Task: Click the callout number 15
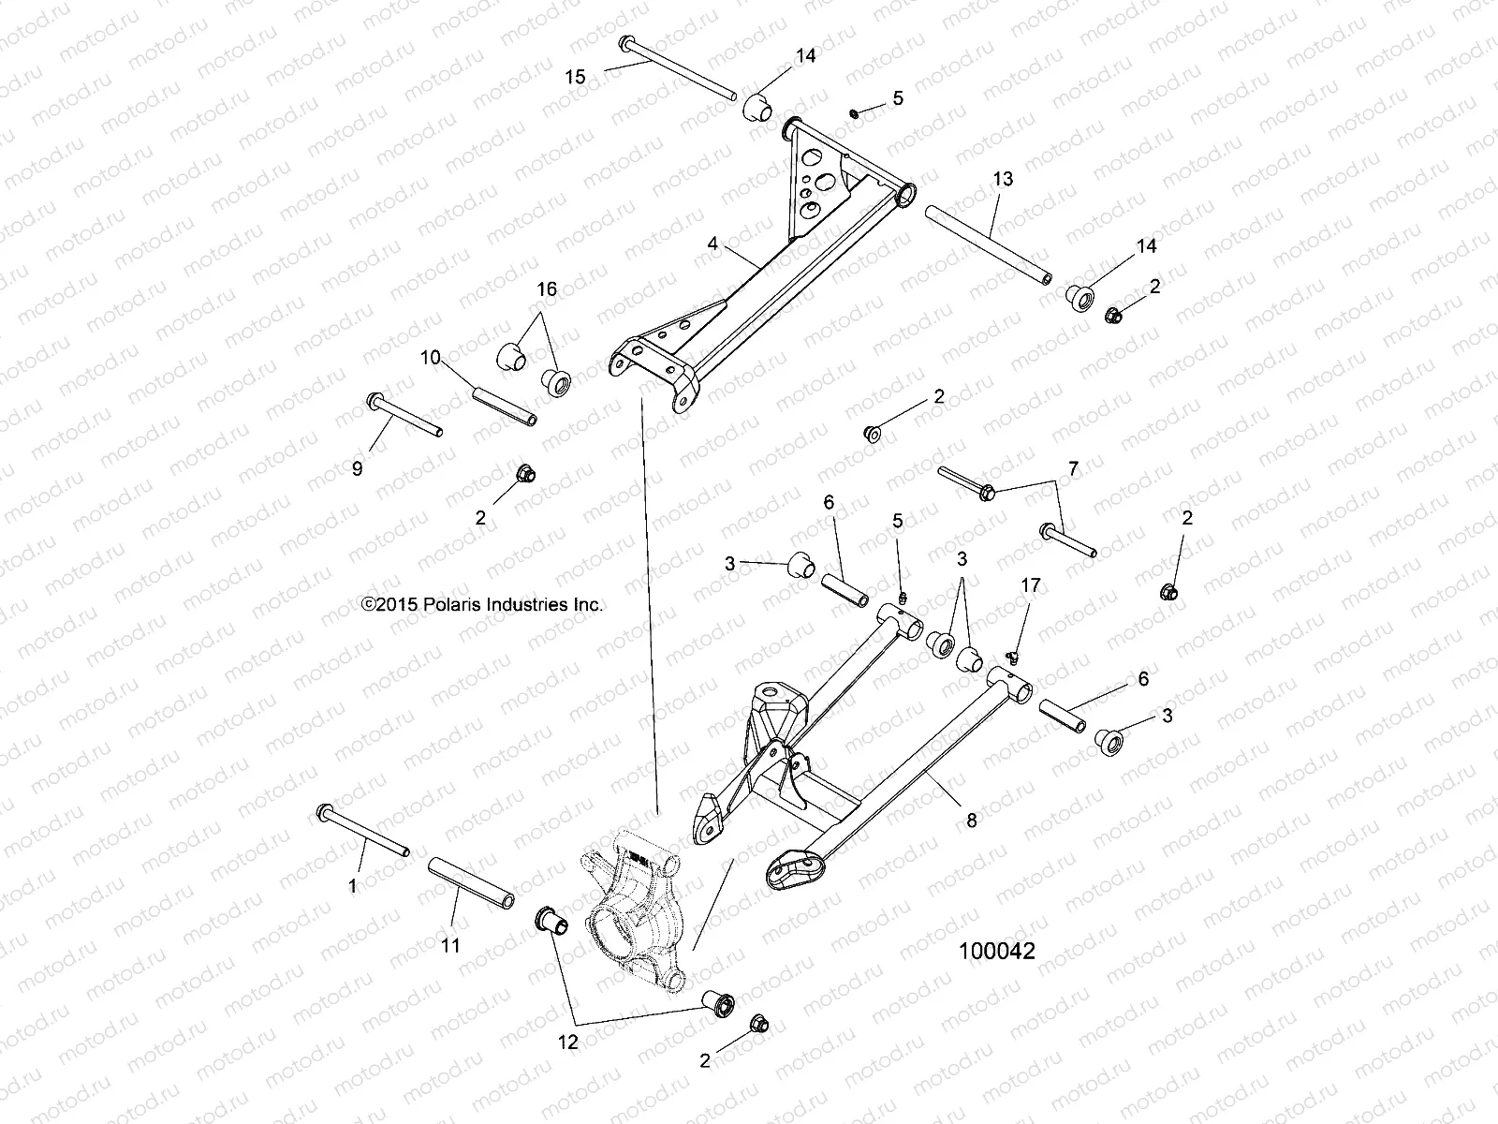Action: pyautogui.click(x=576, y=77)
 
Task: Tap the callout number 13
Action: pyautogui.click(x=1003, y=179)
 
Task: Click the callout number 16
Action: pyautogui.click(x=547, y=289)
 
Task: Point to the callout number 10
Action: pyautogui.click(x=430, y=357)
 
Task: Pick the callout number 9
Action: pyautogui.click(x=357, y=469)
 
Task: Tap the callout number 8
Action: pyautogui.click(x=972, y=821)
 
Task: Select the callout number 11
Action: pyautogui.click(x=451, y=946)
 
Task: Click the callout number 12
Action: pyautogui.click(x=568, y=1042)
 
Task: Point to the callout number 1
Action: pyautogui.click(x=353, y=885)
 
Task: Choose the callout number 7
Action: pyautogui.click(x=1073, y=467)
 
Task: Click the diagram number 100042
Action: pyautogui.click(x=996, y=952)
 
